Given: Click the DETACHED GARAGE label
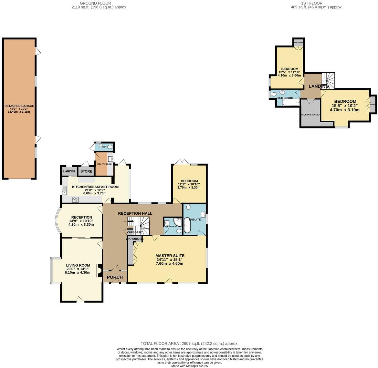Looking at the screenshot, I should pos(19,106).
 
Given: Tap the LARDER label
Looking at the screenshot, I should pos(69,171).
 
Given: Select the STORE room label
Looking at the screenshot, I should pos(86,171).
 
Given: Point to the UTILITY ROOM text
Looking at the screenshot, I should pos(104,164).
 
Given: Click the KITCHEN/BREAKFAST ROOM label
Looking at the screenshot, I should pos(95,187).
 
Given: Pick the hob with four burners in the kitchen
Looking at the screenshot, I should pos(76,199).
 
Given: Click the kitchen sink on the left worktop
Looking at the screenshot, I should pos(64,190).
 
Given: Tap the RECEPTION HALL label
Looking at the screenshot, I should pos(135,213).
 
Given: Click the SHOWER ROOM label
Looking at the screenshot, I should pos(173,226).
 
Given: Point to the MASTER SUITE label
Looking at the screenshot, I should pos(170,255).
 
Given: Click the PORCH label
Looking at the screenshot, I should pos(115,277).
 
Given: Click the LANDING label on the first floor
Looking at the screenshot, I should pos(319,86).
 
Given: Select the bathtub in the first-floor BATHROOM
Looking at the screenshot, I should pos(291,102).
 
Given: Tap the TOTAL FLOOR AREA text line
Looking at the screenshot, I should pos(189,343).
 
